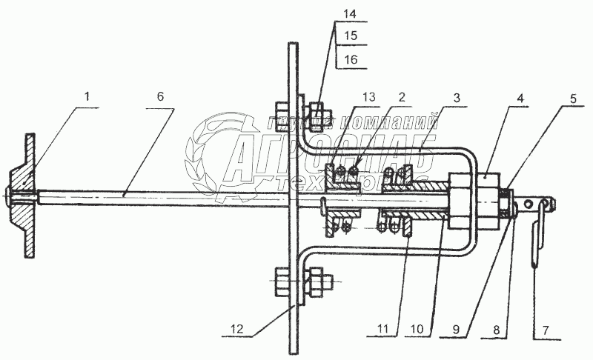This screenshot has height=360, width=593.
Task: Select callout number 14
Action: coord(350,13)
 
